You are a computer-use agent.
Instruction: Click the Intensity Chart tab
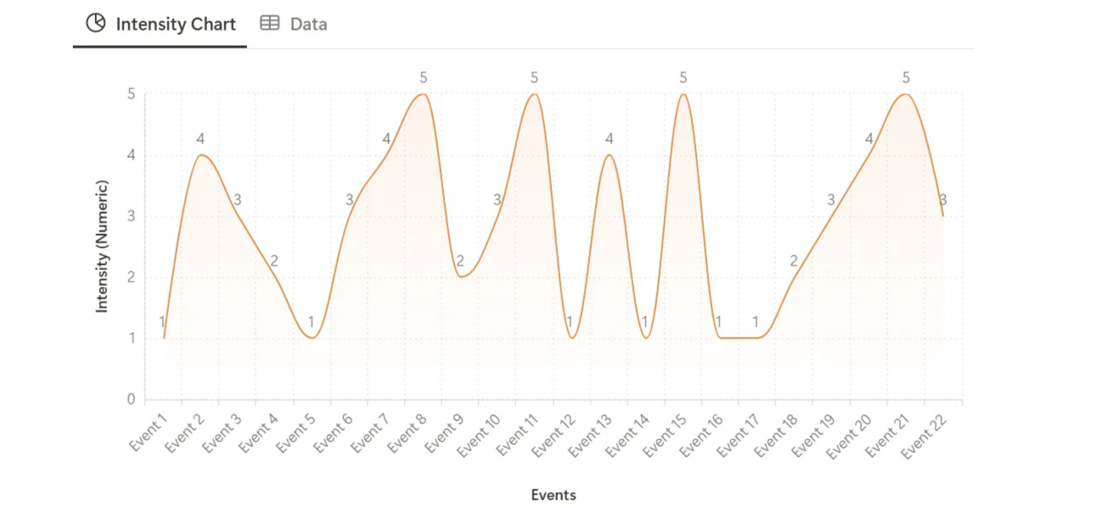point(175,24)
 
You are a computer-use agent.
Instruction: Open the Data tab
point(307,24)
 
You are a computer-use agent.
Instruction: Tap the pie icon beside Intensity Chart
point(96,24)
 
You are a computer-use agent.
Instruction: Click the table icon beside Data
point(269,24)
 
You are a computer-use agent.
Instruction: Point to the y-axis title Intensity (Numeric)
point(102,246)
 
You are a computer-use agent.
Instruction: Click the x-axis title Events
point(554,494)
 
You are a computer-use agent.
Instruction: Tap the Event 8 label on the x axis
point(408,432)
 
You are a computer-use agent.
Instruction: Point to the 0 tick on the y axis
point(131,399)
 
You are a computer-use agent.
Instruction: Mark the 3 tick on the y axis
point(131,216)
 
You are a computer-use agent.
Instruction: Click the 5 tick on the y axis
point(131,94)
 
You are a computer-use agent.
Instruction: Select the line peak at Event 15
point(683,94)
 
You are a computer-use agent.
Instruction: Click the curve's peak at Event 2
point(200,155)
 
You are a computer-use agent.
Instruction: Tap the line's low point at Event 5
point(312,338)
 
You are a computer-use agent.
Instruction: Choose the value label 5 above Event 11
point(534,78)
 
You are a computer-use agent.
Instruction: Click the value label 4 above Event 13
point(609,139)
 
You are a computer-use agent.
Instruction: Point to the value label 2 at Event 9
point(459,261)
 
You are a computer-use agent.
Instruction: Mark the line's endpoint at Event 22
point(942,216)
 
